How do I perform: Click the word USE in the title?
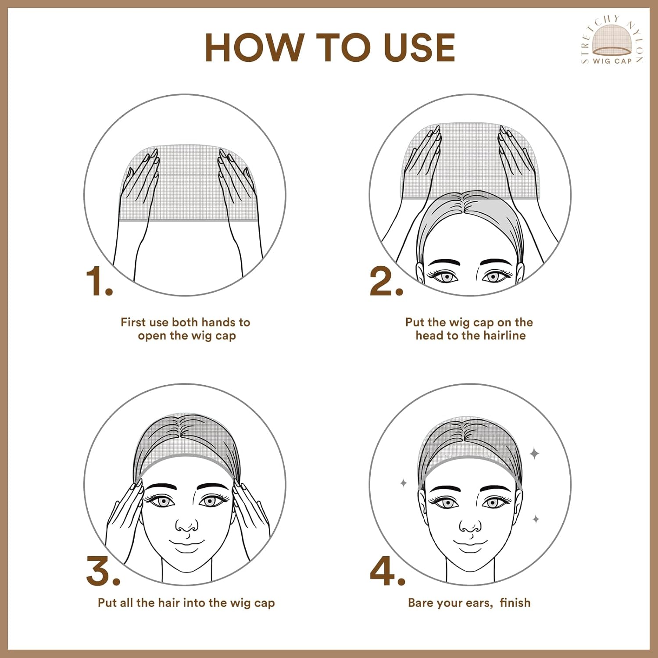click(419, 47)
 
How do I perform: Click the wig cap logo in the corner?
click(612, 40)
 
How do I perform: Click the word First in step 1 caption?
click(133, 322)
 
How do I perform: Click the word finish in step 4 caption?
click(515, 603)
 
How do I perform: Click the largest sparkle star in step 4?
click(534, 453)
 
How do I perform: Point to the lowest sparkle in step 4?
click(536, 519)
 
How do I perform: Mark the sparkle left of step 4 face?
click(404, 483)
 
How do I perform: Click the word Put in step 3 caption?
click(107, 603)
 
